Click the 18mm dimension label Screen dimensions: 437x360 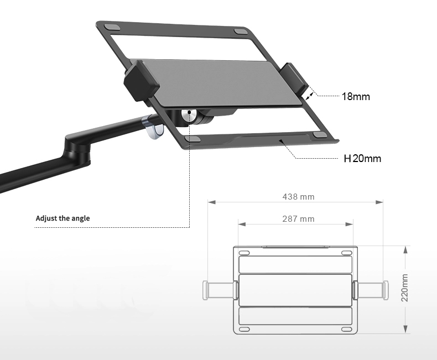[356, 96]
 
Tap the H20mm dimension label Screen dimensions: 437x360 [362, 158]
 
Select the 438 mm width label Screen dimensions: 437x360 [298, 197]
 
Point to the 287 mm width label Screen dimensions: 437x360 [298, 219]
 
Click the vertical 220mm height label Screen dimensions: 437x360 [405, 288]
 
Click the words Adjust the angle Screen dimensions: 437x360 [63, 218]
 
